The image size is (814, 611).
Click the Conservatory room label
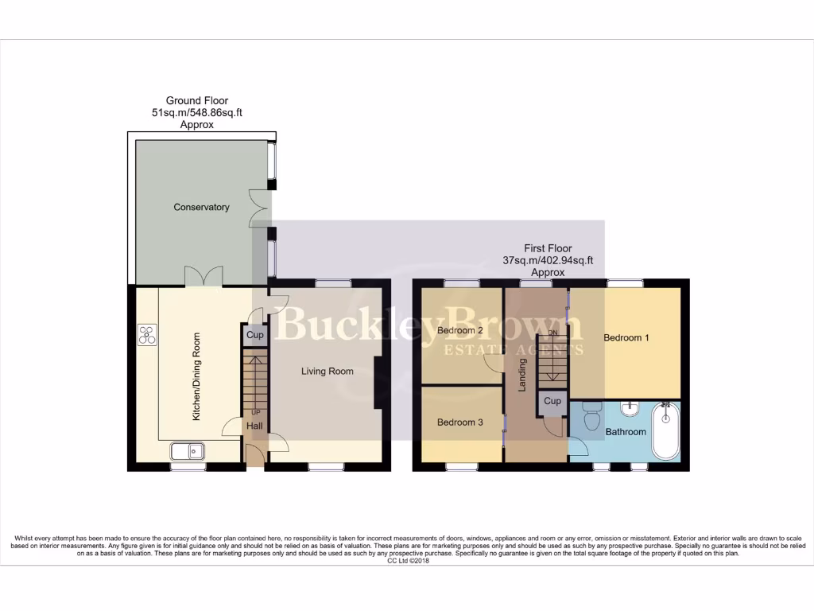201,208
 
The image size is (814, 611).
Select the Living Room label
327,372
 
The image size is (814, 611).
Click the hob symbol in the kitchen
147,335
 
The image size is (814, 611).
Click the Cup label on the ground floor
254,336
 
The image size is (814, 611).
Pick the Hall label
254,427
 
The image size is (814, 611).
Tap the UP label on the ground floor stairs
255,413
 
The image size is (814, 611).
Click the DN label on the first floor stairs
553,332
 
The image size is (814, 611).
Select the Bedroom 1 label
626,338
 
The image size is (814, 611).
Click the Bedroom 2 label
460,331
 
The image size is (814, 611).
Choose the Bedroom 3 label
459,423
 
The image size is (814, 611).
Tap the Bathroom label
626,432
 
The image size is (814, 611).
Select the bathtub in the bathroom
666,432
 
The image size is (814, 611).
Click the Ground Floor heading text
196,101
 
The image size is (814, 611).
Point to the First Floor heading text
548,249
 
